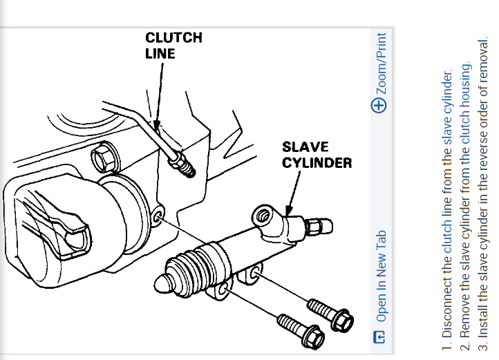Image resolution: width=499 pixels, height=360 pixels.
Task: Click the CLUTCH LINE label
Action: click(173, 45)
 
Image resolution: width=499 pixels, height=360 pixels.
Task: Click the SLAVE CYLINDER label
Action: click(317, 155)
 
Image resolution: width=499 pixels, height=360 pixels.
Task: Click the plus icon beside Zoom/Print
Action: click(379, 105)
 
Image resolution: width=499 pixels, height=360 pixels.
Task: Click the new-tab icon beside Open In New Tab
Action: click(379, 337)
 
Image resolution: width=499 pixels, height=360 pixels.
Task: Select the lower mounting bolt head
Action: click(312, 339)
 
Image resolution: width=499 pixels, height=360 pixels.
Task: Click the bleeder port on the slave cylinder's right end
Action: click(321, 225)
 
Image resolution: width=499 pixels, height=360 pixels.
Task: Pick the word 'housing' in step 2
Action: click(467, 82)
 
